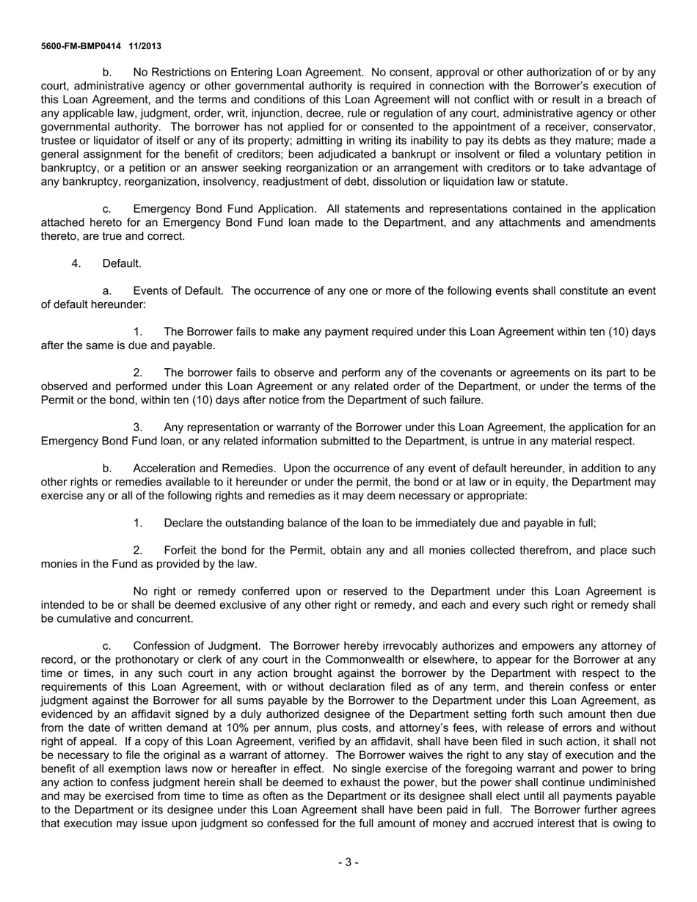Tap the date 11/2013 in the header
pyautogui.click(x=145, y=46)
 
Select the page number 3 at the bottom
pyautogui.click(x=348, y=862)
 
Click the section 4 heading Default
pyautogui.click(x=122, y=263)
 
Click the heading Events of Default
pyautogui.click(x=178, y=290)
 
